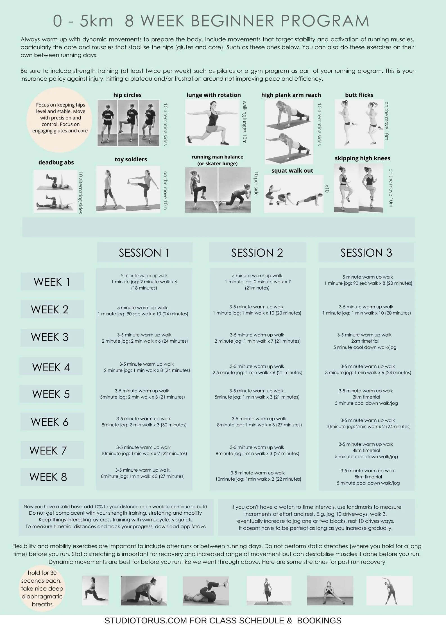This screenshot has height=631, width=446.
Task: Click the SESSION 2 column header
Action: pos(257,253)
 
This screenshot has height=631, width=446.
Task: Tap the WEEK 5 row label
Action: pos(51,394)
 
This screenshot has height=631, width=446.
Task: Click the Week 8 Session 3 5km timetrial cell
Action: pos(368,477)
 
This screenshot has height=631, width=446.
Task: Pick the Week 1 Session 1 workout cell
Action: pos(144,282)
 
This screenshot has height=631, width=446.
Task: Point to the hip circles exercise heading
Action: pos(127,95)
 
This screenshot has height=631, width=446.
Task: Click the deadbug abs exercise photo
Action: pos(55,191)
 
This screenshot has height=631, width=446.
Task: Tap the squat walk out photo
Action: pos(294,194)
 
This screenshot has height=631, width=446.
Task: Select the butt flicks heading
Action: pos(359,95)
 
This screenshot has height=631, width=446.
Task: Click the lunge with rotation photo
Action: pos(213,123)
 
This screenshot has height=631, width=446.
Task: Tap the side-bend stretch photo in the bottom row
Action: pos(390,590)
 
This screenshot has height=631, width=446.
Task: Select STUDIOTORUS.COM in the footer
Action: pos(146,621)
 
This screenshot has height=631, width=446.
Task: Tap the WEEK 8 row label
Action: pos(48,477)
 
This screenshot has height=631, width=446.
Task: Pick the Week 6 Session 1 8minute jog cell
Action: pos(144,422)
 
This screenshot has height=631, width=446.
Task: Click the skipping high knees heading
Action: pos(362,158)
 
